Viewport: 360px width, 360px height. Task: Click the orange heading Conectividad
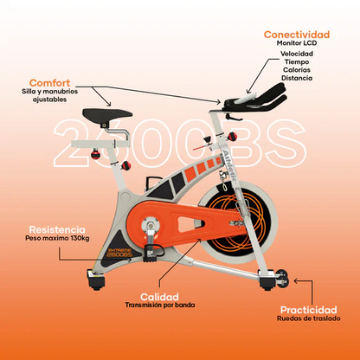point(297,35)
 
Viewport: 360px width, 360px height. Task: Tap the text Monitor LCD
point(297,43)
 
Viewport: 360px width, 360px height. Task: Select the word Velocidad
point(297,54)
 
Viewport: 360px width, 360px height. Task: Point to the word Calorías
point(297,70)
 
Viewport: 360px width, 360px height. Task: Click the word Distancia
point(297,78)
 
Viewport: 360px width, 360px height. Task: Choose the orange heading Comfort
point(49,83)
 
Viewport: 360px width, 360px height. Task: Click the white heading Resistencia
point(57,230)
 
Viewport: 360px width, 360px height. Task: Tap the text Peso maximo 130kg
point(57,239)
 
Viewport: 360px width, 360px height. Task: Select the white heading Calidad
point(159,297)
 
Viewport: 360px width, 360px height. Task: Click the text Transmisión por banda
point(160,305)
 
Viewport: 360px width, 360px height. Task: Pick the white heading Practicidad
point(309,310)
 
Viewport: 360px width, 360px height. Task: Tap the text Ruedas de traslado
point(309,318)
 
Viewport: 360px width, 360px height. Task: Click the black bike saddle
point(107,114)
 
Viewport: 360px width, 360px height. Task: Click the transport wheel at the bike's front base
point(282,279)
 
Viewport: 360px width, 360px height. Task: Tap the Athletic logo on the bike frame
point(231,165)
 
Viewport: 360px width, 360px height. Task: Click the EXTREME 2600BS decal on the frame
point(119,253)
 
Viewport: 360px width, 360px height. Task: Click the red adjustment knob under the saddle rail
point(95,153)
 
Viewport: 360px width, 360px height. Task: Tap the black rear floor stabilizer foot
point(96,280)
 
